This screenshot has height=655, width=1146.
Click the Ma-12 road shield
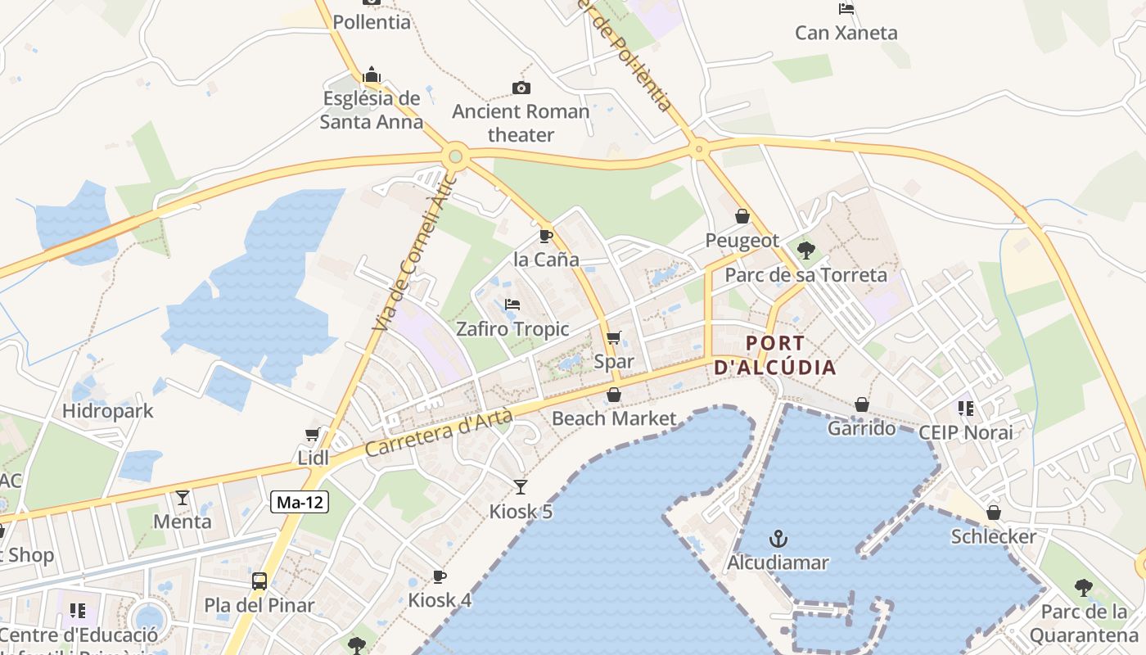[x=300, y=503]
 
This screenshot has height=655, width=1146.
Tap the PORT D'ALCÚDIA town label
[x=775, y=355]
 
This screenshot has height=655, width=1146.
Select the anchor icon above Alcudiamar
[x=778, y=539]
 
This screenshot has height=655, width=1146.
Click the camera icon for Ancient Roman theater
[x=521, y=88]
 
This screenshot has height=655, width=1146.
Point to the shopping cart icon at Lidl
[x=312, y=434]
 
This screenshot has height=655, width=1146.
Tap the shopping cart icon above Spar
[x=613, y=337]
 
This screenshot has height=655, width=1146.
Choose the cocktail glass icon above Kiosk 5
[x=521, y=487]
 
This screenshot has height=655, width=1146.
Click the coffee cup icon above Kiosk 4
[x=440, y=576]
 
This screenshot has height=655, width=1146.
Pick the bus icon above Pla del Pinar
[x=259, y=581]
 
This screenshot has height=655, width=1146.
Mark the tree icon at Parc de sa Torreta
[x=806, y=251]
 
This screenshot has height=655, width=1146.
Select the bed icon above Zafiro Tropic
[x=512, y=305]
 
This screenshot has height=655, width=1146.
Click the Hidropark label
[x=108, y=410]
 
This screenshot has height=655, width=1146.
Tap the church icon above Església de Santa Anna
[x=372, y=75]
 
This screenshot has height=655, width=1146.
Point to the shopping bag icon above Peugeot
[x=742, y=216]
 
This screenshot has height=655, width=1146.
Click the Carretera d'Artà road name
[x=439, y=434]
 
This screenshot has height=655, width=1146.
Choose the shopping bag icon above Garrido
[x=861, y=404]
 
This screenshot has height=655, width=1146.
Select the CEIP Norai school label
[x=966, y=431]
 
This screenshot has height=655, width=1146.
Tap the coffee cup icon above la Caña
[x=546, y=236]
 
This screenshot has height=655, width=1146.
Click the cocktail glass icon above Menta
[x=183, y=497]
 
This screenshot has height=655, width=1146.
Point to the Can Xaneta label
[x=846, y=33]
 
